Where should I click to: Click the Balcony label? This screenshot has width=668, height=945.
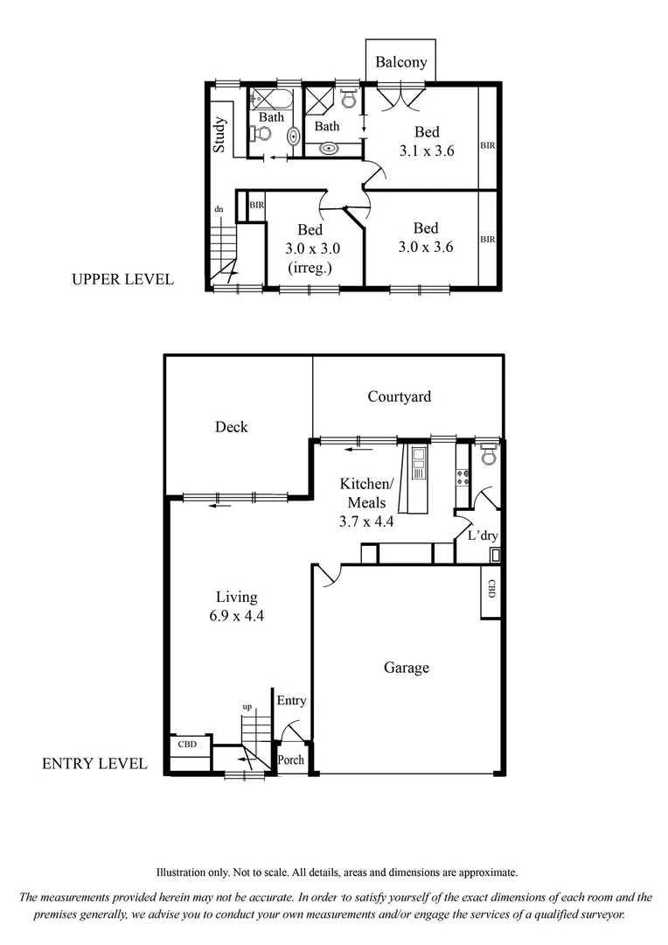pyautogui.click(x=401, y=62)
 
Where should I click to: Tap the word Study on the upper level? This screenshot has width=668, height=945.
pyautogui.click(x=219, y=135)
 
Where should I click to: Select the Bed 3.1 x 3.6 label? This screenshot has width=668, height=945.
pyautogui.click(x=427, y=141)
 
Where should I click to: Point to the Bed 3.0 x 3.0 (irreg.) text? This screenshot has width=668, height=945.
pyautogui.click(x=310, y=248)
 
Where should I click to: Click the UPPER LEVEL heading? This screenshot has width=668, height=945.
pyautogui.click(x=123, y=280)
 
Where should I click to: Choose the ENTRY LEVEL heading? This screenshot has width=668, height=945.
pyautogui.click(x=94, y=764)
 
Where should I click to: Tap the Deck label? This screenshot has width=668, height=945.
pyautogui.click(x=231, y=427)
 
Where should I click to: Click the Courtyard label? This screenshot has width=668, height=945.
pyautogui.click(x=399, y=396)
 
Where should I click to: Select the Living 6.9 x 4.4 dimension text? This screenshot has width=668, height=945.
pyautogui.click(x=237, y=605)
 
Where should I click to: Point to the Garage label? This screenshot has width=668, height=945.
pyautogui.click(x=407, y=668)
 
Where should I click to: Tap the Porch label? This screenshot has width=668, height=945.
pyautogui.click(x=290, y=759)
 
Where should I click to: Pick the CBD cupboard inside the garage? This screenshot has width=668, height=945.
pyautogui.click(x=491, y=590)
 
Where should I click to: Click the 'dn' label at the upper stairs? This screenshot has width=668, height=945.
pyautogui.click(x=219, y=209)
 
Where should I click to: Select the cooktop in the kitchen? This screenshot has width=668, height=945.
pyautogui.click(x=462, y=477)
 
